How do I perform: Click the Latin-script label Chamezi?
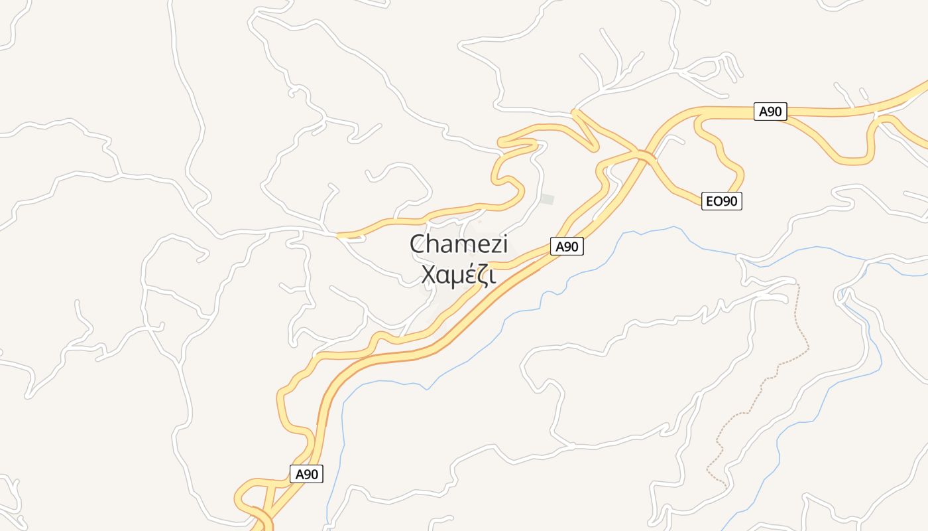459,244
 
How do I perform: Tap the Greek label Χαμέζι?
459,274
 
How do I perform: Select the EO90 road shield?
722,201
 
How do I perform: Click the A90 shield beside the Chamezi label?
567,247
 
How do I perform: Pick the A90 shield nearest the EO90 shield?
770,112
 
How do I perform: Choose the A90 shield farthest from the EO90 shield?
307,475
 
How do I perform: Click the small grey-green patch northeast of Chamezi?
547,199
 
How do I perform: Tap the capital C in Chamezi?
418,244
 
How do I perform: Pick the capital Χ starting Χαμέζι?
430,274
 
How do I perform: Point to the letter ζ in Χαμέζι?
483,275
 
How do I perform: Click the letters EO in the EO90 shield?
714,201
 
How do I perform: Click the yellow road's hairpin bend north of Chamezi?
504,141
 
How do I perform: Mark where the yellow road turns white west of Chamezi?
338,235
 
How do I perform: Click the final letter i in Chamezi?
504,244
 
